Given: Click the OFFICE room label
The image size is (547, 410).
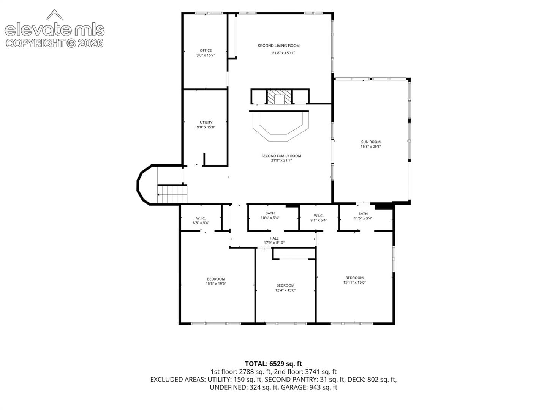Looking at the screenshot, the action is pos(206,50).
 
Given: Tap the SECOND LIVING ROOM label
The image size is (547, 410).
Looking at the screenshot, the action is pos(278,46).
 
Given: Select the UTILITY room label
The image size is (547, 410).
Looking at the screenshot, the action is pos(206,123).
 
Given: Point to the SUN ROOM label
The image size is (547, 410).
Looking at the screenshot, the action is pos(371,142).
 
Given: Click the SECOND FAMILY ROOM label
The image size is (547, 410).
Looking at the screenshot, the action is pos(281,156).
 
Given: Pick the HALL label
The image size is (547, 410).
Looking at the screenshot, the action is pos(274,238).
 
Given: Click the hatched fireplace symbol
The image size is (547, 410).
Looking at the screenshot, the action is pos(279,97).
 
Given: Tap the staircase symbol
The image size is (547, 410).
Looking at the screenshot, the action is pos(172,194).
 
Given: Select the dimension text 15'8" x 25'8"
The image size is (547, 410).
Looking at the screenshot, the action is pos(371,147).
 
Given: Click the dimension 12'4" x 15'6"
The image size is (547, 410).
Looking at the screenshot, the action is pos(285,290).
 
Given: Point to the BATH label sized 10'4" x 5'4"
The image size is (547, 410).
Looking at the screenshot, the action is pos(270,213).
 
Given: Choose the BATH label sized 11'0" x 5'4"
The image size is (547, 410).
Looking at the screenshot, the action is pos(363,214).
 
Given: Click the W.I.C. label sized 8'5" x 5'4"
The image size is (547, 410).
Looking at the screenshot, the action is pos(201,218).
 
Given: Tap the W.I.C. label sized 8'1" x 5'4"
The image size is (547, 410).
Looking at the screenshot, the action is pos(318,216).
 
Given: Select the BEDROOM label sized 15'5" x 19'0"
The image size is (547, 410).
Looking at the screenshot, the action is pos(216,279).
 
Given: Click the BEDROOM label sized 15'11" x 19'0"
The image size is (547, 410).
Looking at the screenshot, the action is pos(354,278).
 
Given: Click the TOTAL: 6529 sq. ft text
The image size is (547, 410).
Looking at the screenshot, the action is pos(273,364).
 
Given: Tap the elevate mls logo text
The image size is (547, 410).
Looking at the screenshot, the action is pos(55,30).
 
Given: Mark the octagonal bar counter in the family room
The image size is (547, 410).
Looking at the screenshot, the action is pos(281,126).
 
